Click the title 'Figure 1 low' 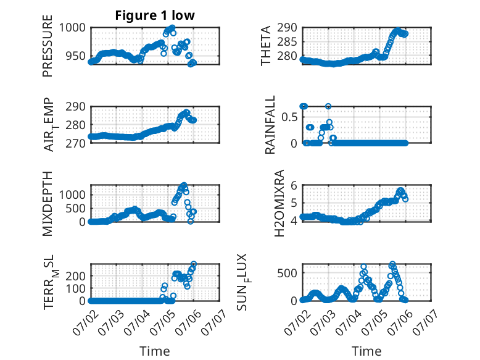point(155,15)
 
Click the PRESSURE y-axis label point(48,46)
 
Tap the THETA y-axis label point(266,46)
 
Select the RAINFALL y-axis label point(270,125)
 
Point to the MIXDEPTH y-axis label point(48,204)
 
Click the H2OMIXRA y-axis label point(279,203)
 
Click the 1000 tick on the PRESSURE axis point(72,28)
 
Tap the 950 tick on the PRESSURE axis point(76,56)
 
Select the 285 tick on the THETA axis point(287,42)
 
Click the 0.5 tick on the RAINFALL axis point(289,117)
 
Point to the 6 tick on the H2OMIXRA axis point(294,185)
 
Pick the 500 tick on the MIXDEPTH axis point(76,208)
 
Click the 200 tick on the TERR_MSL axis point(76,276)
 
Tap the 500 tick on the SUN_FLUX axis point(287,273)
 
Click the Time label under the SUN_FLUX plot point(366,351)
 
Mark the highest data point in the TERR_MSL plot point(194,264)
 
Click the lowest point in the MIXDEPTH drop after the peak point(191,221)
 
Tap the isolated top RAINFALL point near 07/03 point(328,106)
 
